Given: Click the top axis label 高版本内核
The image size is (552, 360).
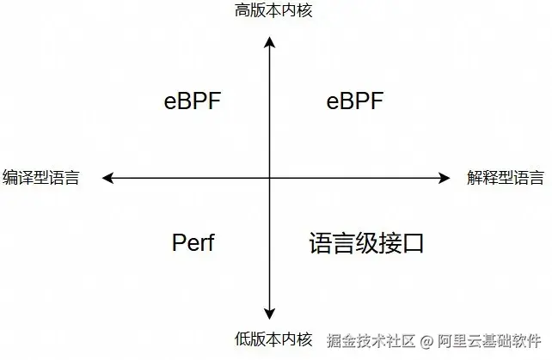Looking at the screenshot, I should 270,10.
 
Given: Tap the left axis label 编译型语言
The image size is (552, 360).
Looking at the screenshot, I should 41,178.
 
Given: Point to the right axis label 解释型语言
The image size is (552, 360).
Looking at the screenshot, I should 505,178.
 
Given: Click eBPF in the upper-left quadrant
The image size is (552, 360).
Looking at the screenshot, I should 193,101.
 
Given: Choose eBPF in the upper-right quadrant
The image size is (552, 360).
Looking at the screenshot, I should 354,101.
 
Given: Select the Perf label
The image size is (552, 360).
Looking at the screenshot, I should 193,243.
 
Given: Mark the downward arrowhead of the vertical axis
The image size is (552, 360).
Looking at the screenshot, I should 270,314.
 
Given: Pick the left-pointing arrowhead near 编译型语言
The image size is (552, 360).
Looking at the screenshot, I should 107,178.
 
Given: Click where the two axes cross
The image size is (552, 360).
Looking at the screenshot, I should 270,178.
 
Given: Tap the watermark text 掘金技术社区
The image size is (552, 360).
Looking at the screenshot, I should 371,341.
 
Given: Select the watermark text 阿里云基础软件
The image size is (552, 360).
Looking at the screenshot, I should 489,341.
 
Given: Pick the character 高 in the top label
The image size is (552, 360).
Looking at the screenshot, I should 242,10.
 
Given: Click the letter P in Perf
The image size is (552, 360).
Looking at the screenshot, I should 178,243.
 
